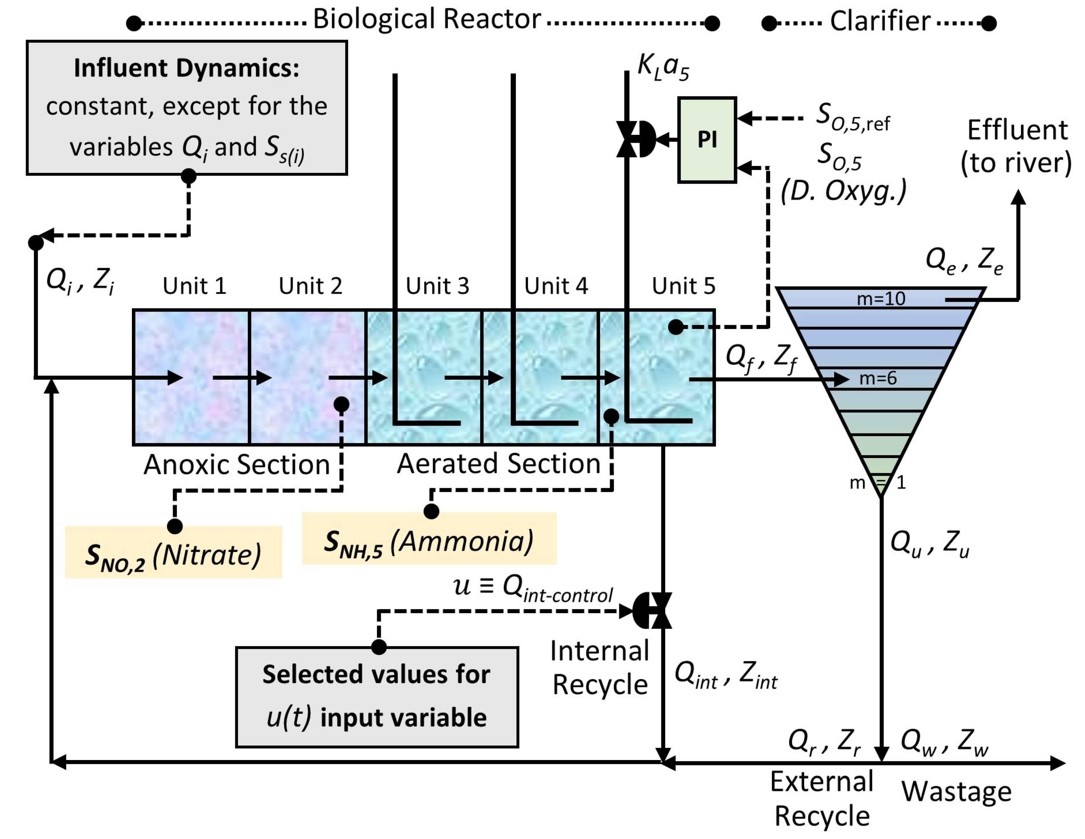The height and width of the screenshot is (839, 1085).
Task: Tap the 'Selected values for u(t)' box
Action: click(x=377, y=697)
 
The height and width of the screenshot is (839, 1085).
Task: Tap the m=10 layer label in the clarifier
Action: click(x=881, y=299)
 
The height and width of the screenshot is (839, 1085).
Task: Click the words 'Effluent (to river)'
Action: click(x=1017, y=147)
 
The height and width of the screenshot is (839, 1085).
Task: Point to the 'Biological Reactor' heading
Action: click(x=427, y=20)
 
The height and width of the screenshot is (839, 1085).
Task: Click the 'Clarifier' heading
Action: click(x=880, y=22)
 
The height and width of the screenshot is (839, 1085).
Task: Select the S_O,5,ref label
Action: click(x=853, y=117)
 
